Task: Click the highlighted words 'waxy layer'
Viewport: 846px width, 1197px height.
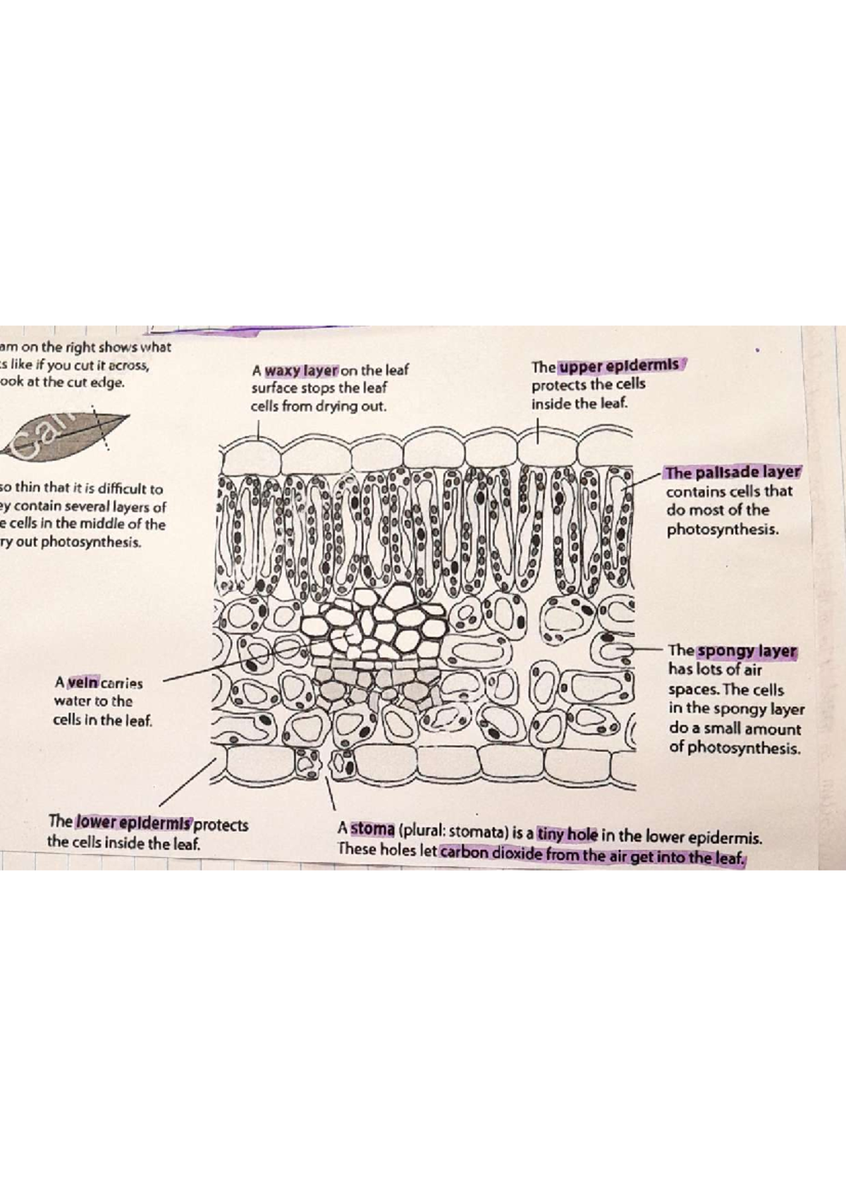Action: (x=302, y=370)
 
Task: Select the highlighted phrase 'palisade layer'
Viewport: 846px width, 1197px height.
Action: (x=733, y=472)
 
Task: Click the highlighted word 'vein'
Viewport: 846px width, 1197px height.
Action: (x=83, y=682)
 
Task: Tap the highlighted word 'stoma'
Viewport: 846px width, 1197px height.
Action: (x=373, y=829)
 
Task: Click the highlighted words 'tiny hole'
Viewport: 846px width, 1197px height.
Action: (x=567, y=835)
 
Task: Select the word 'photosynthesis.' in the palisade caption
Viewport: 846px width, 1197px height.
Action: (x=723, y=529)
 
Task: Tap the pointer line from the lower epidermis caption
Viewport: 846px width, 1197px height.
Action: (x=187, y=782)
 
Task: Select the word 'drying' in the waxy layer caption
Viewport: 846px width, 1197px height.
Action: (x=341, y=407)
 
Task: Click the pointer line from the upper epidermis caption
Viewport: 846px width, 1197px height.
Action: (x=537, y=430)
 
